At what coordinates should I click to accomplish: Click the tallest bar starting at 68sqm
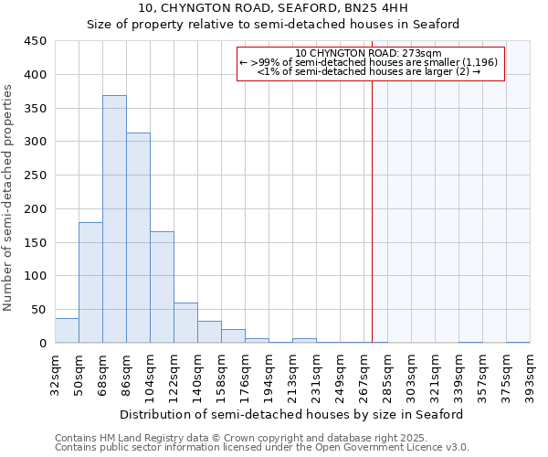click(114, 219)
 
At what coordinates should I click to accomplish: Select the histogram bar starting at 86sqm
click(138, 238)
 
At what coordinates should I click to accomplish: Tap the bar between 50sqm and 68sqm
click(90, 282)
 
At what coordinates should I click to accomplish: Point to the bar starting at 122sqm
click(185, 323)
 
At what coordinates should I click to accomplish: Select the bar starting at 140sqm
click(209, 332)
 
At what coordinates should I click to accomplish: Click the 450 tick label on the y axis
click(36, 41)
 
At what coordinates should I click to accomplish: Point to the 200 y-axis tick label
click(36, 209)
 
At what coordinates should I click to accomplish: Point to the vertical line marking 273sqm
click(373, 210)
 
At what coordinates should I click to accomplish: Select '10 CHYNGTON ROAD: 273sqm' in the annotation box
click(369, 53)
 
